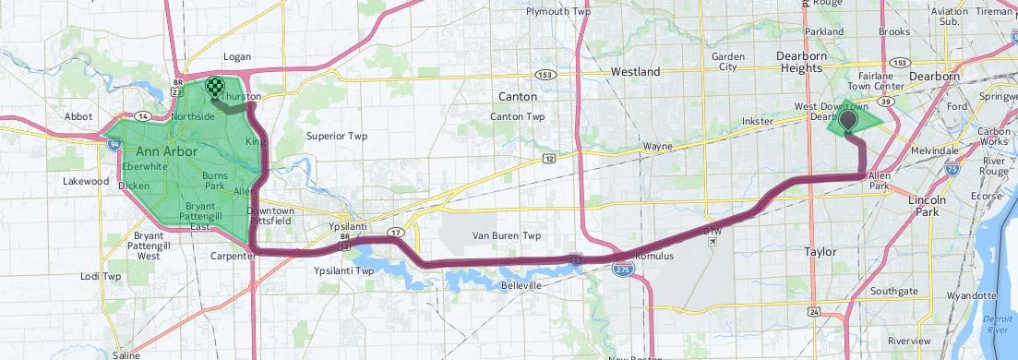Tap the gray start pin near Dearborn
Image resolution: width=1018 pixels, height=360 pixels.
tap(846, 118)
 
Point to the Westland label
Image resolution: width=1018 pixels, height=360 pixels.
tap(636, 71)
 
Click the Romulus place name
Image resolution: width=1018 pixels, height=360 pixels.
tap(655, 255)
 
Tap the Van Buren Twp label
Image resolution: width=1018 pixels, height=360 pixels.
tap(506, 236)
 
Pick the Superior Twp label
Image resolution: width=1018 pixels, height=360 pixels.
tap(337, 137)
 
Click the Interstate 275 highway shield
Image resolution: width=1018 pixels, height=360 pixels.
tap(621, 268)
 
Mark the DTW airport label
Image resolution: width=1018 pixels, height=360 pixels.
tap(712, 231)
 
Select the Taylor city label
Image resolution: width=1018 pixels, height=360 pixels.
tap(820, 252)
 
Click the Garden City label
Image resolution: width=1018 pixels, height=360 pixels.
tap(728, 62)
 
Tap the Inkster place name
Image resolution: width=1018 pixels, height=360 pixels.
tap(758, 121)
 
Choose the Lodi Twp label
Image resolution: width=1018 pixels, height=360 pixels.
tap(101, 276)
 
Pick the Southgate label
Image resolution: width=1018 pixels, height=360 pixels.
tap(893, 292)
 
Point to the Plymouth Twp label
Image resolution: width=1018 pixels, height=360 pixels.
tap(557, 12)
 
